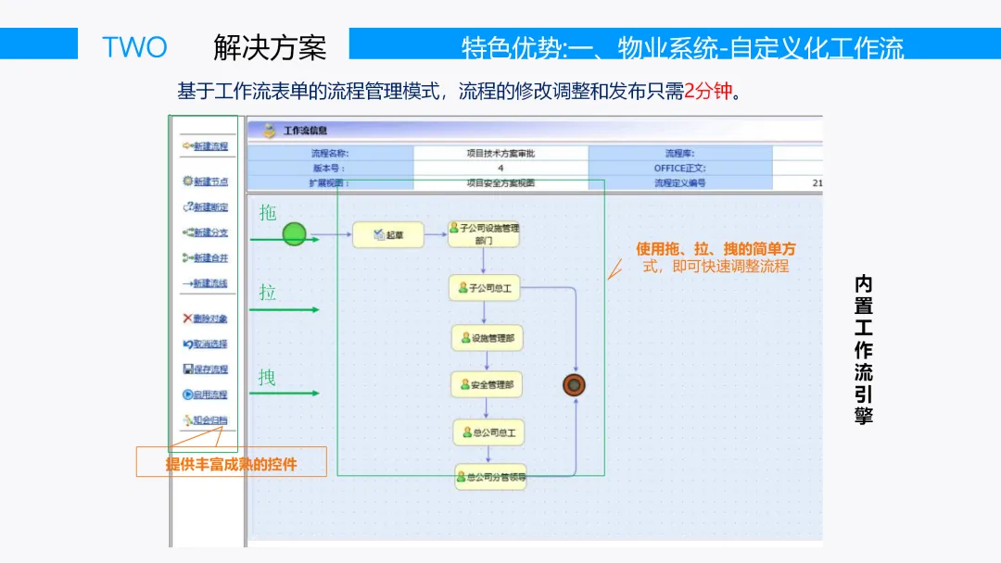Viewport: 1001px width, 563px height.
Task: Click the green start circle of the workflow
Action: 294,234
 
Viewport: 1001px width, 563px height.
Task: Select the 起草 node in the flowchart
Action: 387,235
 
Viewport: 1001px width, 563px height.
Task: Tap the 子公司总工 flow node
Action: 484,288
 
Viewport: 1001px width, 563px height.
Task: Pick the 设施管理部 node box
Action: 488,338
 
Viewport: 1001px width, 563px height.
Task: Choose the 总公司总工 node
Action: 489,432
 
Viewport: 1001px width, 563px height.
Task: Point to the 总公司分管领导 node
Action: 490,478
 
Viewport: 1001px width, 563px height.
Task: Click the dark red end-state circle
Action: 574,385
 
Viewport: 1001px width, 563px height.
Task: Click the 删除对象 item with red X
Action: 206,319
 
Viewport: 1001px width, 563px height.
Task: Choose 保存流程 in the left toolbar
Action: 206,369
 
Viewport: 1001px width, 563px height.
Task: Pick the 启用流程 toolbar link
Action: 206,394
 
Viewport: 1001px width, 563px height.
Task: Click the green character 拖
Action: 268,213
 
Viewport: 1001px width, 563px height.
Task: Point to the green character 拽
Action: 267,378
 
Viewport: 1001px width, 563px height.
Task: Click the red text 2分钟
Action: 708,92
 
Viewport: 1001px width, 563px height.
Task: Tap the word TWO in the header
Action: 134,46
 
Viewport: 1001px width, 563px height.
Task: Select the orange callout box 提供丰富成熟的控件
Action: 232,463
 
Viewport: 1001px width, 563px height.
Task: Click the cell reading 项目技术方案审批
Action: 500,154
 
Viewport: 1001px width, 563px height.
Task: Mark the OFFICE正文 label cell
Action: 679,169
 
